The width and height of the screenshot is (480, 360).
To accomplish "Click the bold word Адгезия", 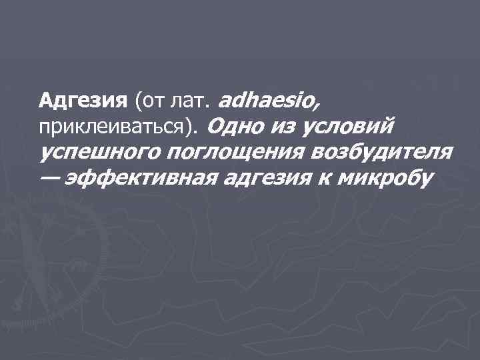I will pos(83,101).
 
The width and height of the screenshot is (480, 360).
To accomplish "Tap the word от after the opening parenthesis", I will pos(151,101).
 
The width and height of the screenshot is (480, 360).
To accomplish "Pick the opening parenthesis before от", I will pos(137,102).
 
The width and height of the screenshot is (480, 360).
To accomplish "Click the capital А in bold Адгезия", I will pos(46,101).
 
